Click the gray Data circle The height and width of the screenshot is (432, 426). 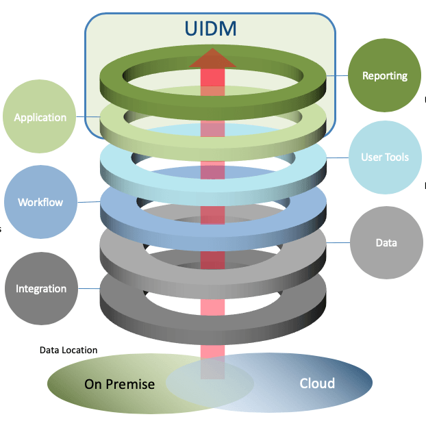tap(386, 243)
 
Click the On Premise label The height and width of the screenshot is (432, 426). tap(119, 384)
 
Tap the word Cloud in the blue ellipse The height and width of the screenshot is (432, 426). tap(317, 383)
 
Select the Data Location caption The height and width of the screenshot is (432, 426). tap(68, 350)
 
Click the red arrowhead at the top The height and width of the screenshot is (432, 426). tap(212, 58)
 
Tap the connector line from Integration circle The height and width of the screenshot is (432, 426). tap(88, 288)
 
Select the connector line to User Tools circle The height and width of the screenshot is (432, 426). tap(337, 157)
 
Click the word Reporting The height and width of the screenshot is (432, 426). tap(384, 76)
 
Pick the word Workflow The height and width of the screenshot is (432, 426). tap(40, 203)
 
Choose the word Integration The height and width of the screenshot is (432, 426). tap(41, 289)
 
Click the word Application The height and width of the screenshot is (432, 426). tap(40, 117)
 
